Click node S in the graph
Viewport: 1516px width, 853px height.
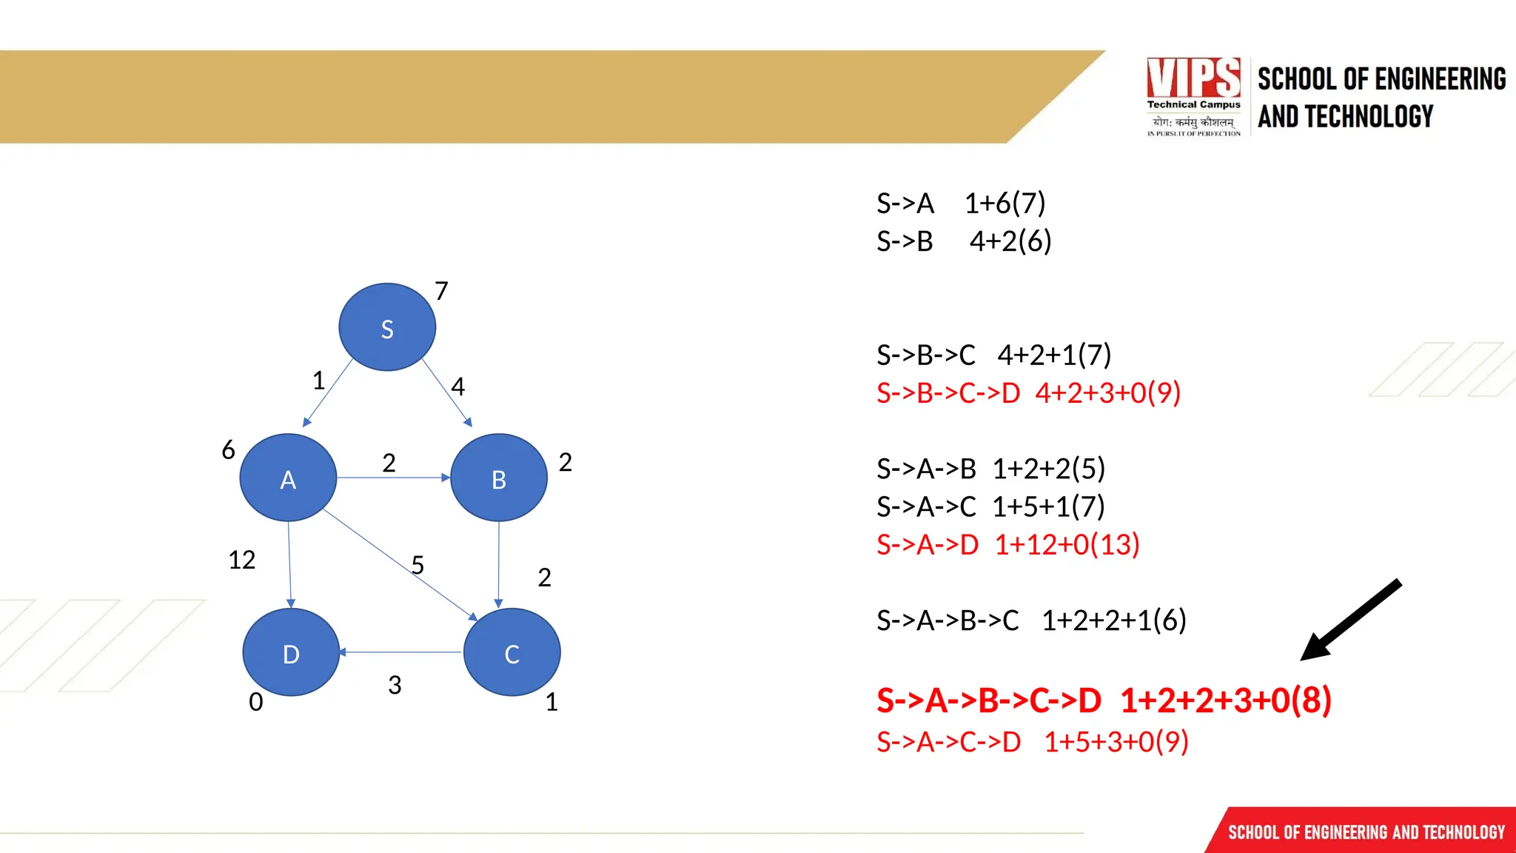pyautogui.click(x=386, y=327)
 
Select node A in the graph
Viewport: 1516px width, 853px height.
pyautogui.click(x=288, y=478)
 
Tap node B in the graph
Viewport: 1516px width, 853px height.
pyautogui.click(x=499, y=478)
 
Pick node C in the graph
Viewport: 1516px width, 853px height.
pyautogui.click(x=512, y=653)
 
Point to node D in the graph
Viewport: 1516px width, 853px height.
pyautogui.click(x=291, y=653)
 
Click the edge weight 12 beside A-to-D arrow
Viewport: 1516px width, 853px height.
pyautogui.click(x=241, y=560)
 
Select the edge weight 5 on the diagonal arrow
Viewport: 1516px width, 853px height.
pyautogui.click(x=417, y=565)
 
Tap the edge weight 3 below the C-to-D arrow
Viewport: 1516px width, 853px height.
pyautogui.click(x=395, y=685)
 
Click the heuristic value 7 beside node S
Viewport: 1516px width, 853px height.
pyautogui.click(x=441, y=291)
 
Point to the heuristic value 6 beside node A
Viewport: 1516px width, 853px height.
pyautogui.click(x=228, y=449)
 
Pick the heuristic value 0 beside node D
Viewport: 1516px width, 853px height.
pyautogui.click(x=255, y=701)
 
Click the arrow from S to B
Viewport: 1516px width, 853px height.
pyautogui.click(x=446, y=392)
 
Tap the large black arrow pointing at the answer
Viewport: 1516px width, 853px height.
pyautogui.click(x=1351, y=620)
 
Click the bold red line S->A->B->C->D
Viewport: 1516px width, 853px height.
pyautogui.click(x=1103, y=700)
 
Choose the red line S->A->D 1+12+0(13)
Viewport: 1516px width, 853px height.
pyautogui.click(x=1007, y=545)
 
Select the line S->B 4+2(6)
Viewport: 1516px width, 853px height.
pyautogui.click(x=963, y=241)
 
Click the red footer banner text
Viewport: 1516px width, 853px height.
pyautogui.click(x=1366, y=832)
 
